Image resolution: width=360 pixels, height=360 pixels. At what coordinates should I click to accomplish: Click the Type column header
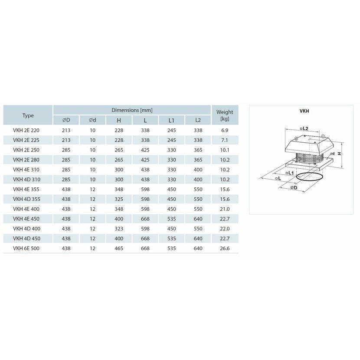[28, 115]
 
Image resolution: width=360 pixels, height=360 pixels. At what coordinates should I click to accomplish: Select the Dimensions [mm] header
[132, 110]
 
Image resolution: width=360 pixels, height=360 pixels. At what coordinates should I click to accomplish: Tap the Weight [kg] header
[225, 115]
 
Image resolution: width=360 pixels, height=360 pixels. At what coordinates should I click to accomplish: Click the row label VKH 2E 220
[26, 131]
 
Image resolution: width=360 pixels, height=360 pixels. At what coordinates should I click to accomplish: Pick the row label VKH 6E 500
[26, 249]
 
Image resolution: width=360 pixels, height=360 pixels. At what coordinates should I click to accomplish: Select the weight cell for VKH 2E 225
[225, 140]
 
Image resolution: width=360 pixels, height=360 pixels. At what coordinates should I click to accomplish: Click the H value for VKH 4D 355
[119, 199]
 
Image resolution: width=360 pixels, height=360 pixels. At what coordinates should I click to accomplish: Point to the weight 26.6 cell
[225, 249]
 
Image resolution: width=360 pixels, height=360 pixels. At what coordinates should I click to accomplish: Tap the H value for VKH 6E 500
[119, 249]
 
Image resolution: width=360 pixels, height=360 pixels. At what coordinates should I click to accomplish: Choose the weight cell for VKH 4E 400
[225, 209]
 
